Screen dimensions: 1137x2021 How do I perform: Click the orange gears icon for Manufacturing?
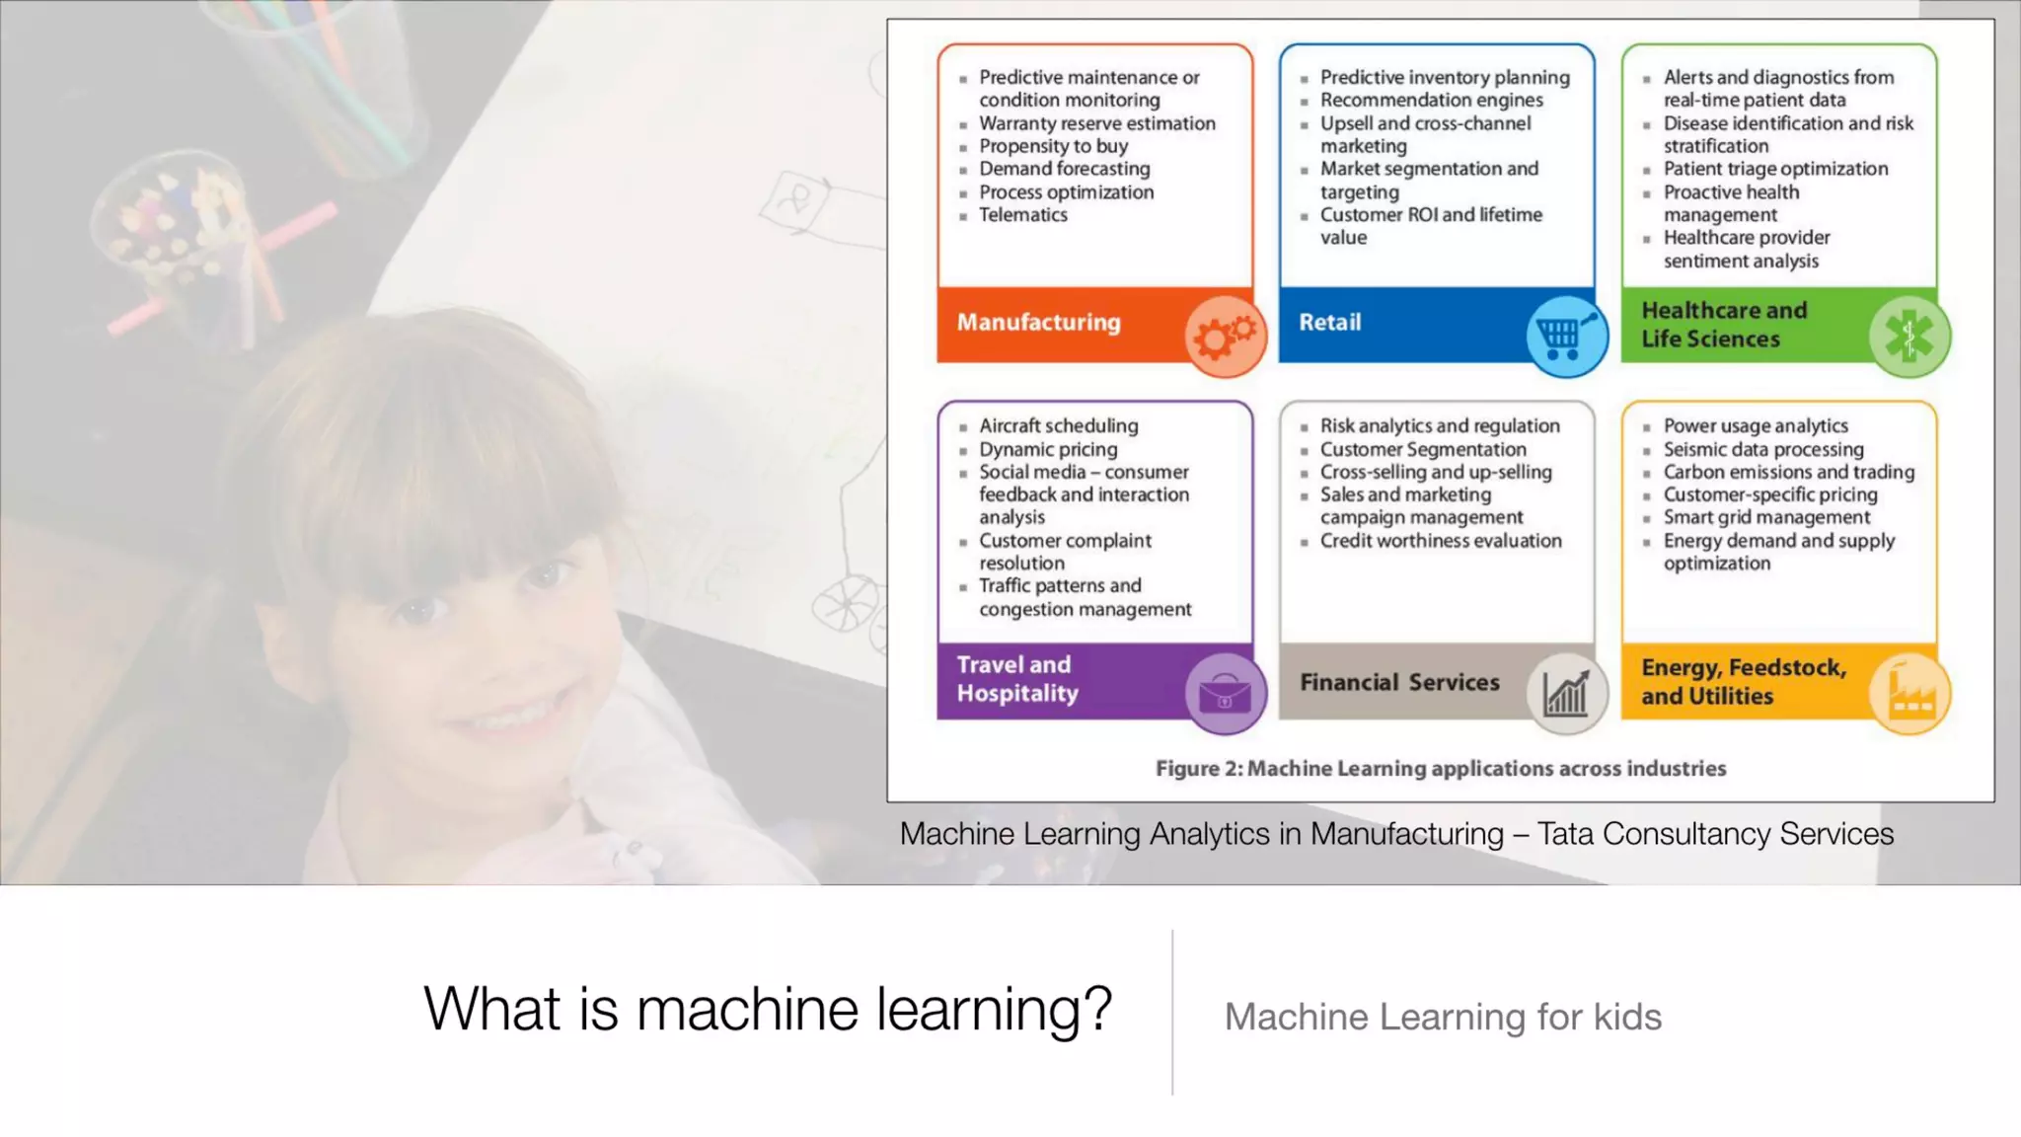[1225, 336]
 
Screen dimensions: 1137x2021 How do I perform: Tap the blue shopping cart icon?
[1566, 336]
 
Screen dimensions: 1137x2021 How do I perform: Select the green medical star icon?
[1909, 336]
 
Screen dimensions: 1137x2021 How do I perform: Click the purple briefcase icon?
[1225, 693]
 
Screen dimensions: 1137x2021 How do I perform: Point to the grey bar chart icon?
[1566, 693]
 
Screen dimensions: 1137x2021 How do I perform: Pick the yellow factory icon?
[1909, 693]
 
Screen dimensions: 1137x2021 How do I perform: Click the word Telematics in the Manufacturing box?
[1022, 215]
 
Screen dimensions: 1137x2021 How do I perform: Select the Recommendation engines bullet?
[1431, 100]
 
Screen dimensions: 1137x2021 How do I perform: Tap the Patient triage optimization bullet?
[1775, 169]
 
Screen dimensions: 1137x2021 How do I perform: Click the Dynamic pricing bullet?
[1048, 449]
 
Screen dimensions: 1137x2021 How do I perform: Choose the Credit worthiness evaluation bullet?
[1441, 541]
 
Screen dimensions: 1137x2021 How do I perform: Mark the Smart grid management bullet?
[1766, 517]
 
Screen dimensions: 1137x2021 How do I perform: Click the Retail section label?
[1329, 323]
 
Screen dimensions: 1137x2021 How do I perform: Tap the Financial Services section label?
[1399, 682]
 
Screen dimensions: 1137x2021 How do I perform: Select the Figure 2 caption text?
[1441, 769]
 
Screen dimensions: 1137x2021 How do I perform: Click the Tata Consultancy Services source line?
[1396, 834]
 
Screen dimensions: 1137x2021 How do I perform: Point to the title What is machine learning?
[768, 1009]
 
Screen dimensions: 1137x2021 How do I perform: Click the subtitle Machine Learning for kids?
[1443, 1017]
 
